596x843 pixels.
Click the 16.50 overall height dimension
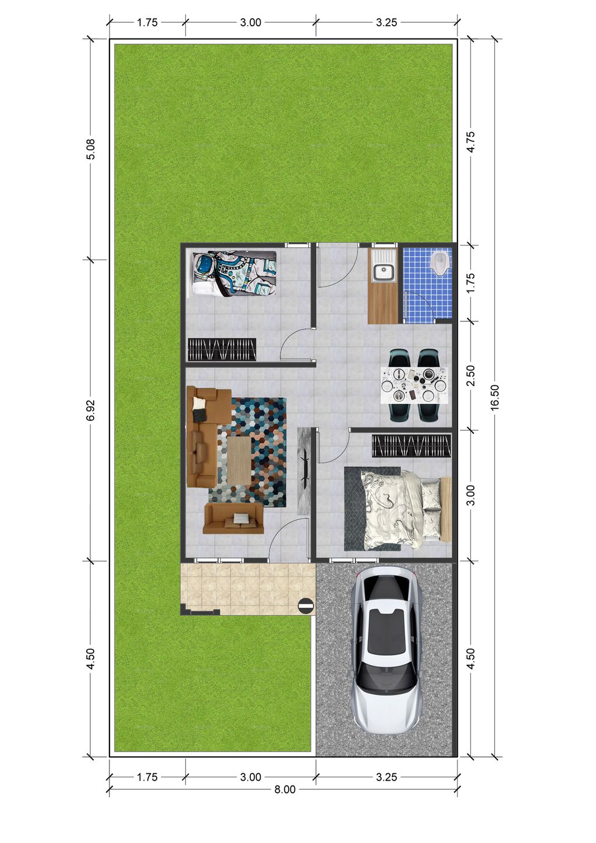(x=495, y=398)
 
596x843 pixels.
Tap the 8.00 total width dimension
(x=285, y=789)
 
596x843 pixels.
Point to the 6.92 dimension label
(x=90, y=410)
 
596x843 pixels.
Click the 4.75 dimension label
(x=471, y=141)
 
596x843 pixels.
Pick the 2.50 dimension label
(x=471, y=376)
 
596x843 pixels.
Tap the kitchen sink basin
(x=382, y=271)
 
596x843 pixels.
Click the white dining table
(x=416, y=385)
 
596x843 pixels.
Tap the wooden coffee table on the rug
(x=239, y=460)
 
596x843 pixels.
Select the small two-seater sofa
(x=233, y=518)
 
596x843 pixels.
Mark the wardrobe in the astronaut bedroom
(x=222, y=349)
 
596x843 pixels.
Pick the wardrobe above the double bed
(x=411, y=446)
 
